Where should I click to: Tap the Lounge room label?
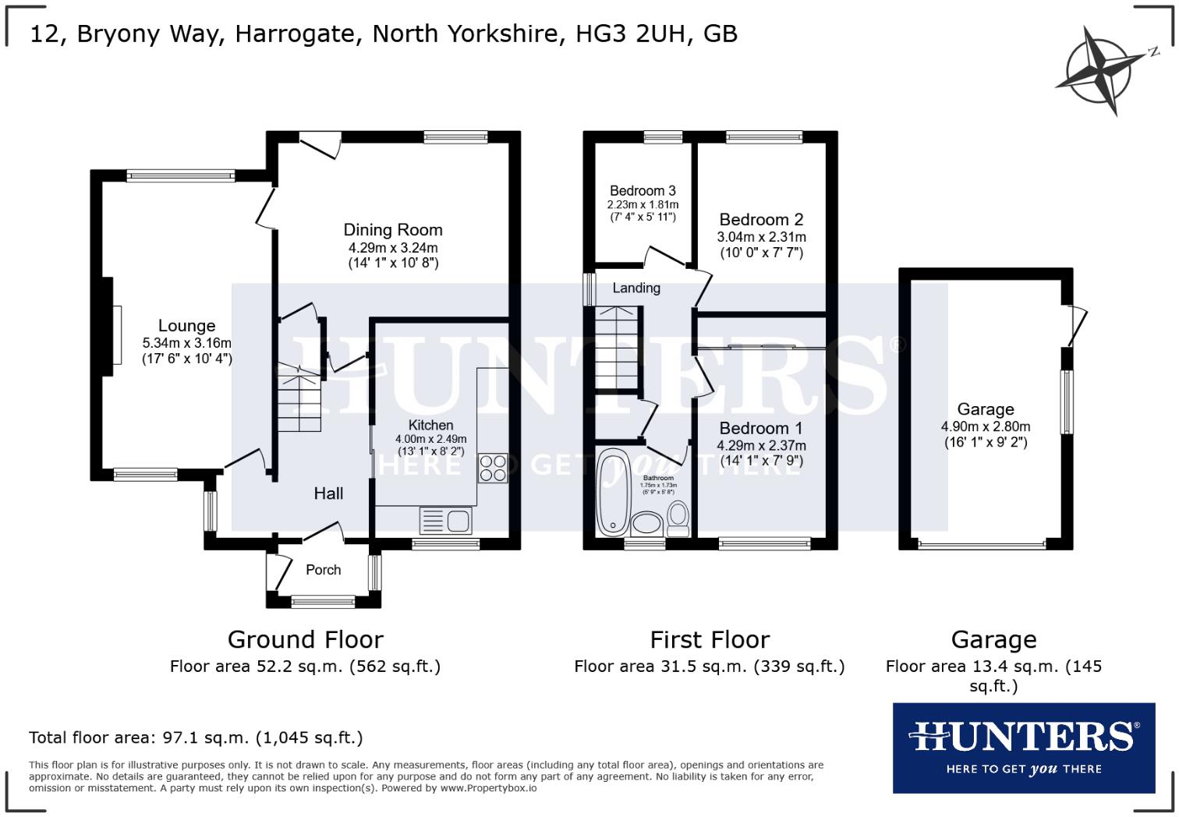[x=186, y=326]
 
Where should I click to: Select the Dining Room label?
[x=393, y=230]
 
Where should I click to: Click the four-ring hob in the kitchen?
[x=493, y=468]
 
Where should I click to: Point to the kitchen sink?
[x=445, y=520]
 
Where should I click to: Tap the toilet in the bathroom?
[x=678, y=517]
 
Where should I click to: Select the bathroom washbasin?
[x=646, y=523]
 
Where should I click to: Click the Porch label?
[x=323, y=570]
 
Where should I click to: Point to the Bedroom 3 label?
[x=643, y=191]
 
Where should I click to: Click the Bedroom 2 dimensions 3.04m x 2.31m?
[x=761, y=237]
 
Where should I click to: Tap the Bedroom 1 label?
[x=760, y=428]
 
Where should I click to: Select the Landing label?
[x=636, y=288]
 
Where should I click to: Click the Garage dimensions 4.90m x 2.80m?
[x=986, y=426]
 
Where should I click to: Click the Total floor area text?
[x=196, y=737]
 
